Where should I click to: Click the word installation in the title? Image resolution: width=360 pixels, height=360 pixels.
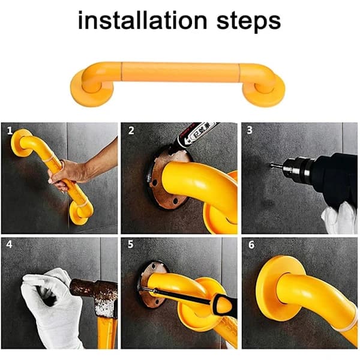coord(143,20)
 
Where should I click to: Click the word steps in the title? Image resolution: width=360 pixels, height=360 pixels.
coord(248,22)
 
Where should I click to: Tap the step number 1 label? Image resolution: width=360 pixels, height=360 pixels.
coord(10,131)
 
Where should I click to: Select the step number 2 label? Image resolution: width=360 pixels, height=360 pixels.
coord(131,130)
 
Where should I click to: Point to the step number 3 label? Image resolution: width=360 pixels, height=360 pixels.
coord(250,130)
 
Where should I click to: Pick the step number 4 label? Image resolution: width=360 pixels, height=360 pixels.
coord(10,244)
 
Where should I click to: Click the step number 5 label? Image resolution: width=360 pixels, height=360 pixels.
coord(130,244)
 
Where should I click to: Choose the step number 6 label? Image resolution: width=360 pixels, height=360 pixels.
coord(251,245)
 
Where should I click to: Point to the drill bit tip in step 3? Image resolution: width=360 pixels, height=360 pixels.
coord(271,164)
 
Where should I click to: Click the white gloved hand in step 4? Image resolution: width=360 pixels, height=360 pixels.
coord(50,305)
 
